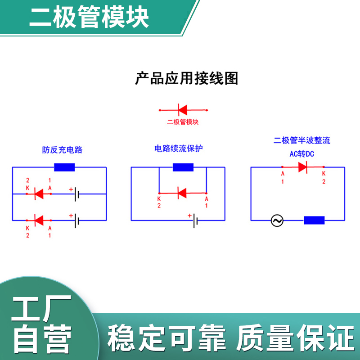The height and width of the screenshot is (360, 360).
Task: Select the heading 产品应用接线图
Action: click(x=187, y=78)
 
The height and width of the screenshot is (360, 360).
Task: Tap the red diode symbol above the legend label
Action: click(x=182, y=109)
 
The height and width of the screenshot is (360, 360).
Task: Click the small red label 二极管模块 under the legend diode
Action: click(x=183, y=122)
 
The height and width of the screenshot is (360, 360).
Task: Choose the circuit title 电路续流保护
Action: click(x=179, y=148)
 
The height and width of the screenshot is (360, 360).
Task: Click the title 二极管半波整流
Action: click(x=302, y=140)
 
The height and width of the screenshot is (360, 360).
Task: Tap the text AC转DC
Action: click(x=301, y=154)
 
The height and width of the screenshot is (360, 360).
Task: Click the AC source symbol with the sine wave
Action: click(x=276, y=220)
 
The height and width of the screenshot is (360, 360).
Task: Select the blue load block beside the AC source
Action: click(x=314, y=220)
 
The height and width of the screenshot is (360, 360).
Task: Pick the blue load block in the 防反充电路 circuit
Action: click(x=64, y=167)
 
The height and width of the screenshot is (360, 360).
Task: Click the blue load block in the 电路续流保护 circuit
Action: click(x=183, y=167)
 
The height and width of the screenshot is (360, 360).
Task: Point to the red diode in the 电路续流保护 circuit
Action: click(x=182, y=193)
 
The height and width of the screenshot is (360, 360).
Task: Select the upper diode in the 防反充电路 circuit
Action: click(x=39, y=194)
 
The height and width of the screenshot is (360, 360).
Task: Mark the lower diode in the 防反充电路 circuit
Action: click(x=39, y=220)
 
